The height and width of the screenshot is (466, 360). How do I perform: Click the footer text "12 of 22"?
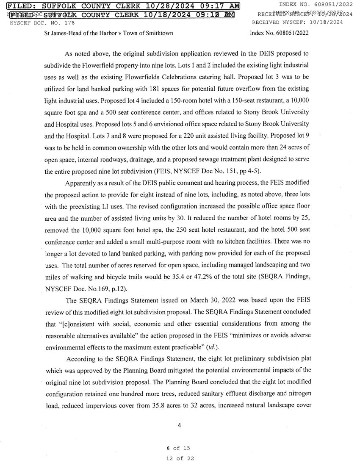[x=180, y=458]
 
